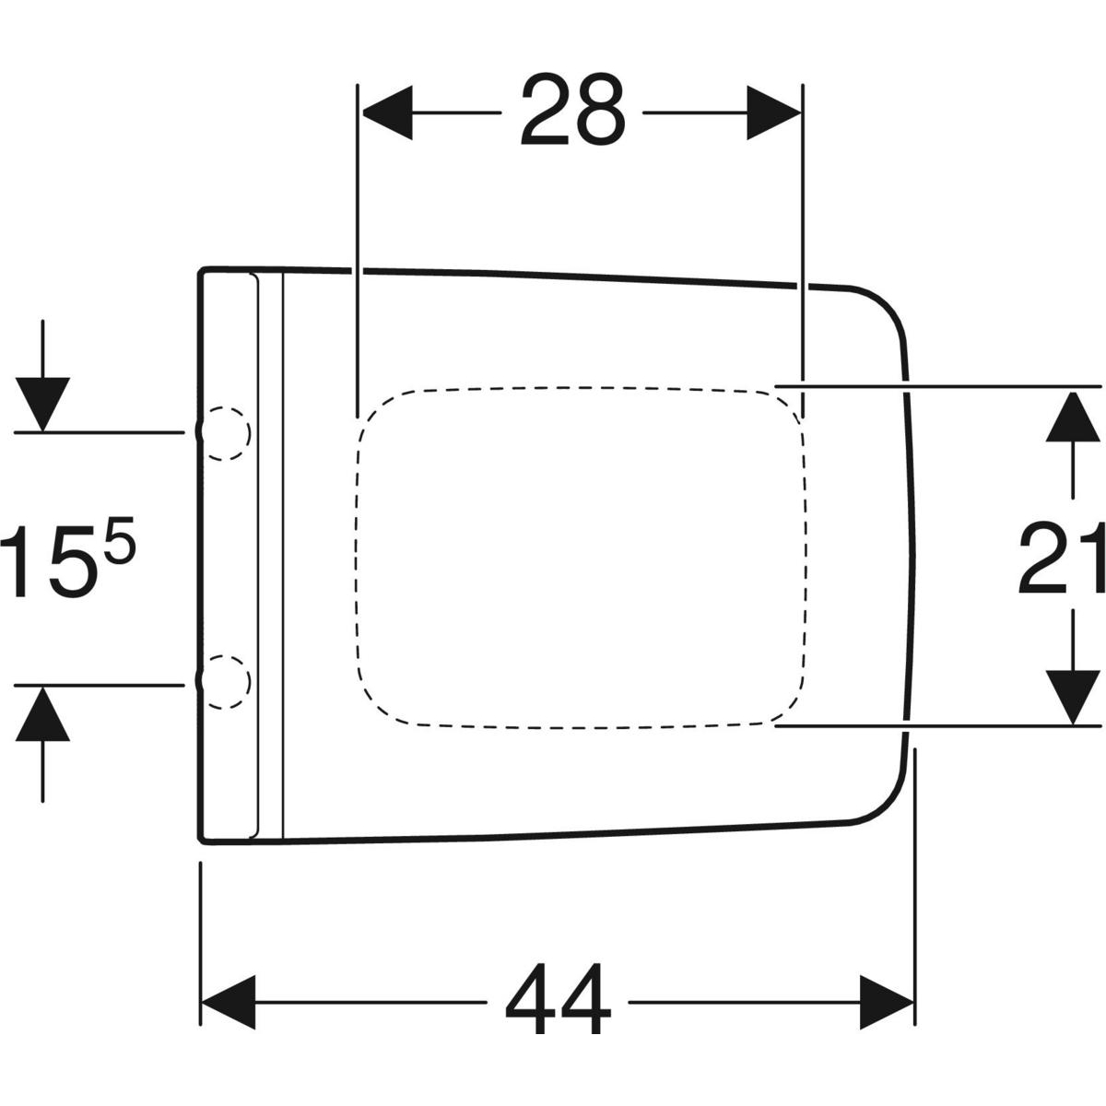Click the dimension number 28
point(572,109)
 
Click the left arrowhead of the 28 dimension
point(387,112)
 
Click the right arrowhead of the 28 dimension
point(773,112)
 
